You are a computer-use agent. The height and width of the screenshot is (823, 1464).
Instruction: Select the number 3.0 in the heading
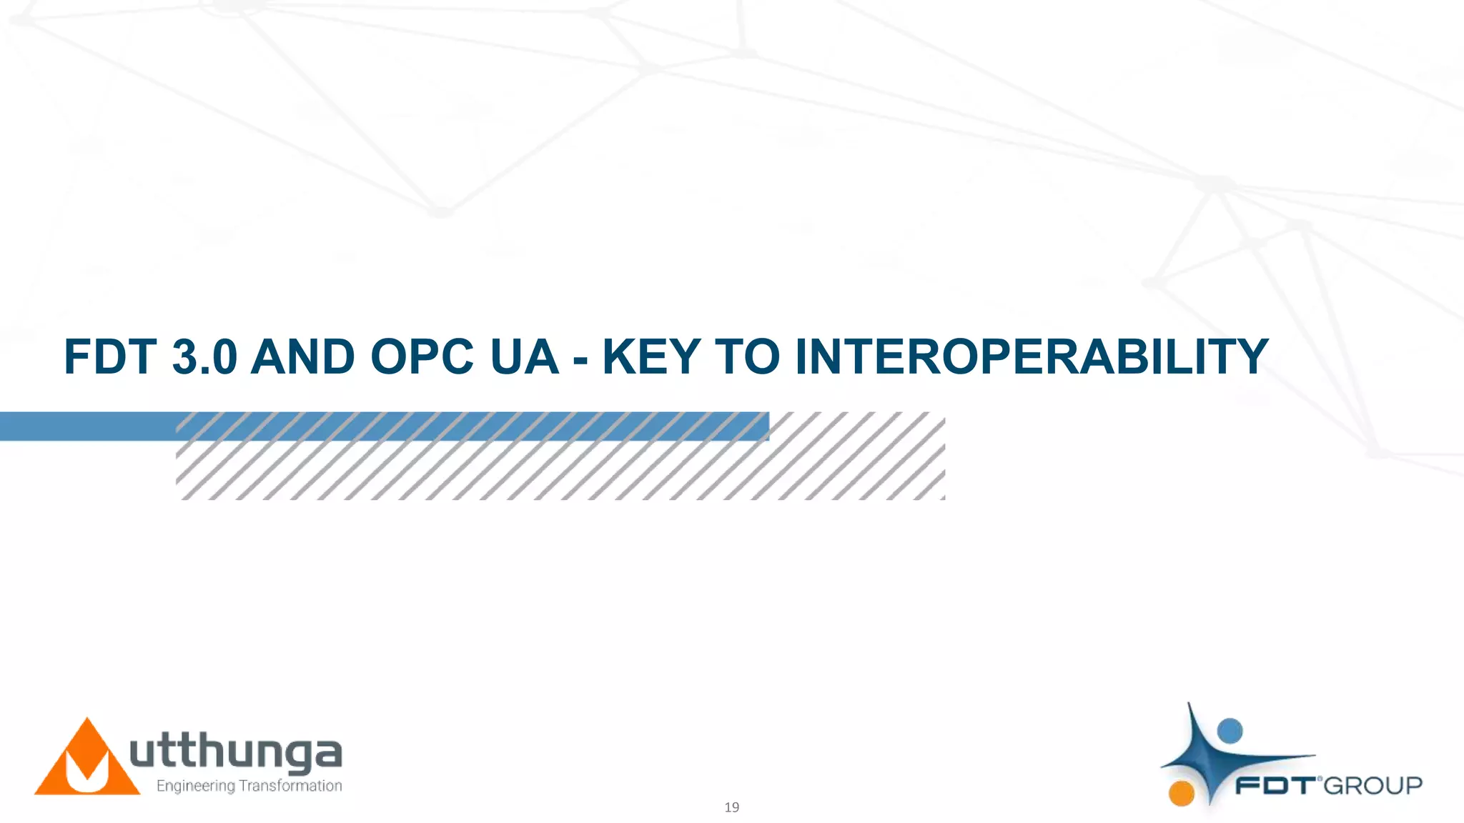tap(204, 356)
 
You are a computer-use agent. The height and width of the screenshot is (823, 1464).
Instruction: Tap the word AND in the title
tap(302, 356)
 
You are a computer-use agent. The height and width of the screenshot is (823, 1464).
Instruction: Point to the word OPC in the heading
tap(422, 356)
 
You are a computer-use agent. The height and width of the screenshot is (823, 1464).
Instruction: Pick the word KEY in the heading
tap(651, 356)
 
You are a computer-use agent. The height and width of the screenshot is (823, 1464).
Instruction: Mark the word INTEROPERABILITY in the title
tap(1032, 356)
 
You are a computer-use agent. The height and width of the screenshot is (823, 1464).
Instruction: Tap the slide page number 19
tap(731, 807)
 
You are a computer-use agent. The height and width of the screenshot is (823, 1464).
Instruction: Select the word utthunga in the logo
tap(236, 754)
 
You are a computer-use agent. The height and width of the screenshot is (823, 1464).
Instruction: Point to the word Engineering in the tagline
tap(195, 786)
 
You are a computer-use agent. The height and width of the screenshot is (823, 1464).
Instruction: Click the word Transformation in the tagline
tap(290, 786)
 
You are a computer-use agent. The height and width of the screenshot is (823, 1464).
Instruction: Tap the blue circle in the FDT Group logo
tap(1230, 731)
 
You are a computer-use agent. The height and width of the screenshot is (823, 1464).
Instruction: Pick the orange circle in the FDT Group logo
tap(1182, 793)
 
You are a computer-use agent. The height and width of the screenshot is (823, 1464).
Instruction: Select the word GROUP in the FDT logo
tap(1373, 786)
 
